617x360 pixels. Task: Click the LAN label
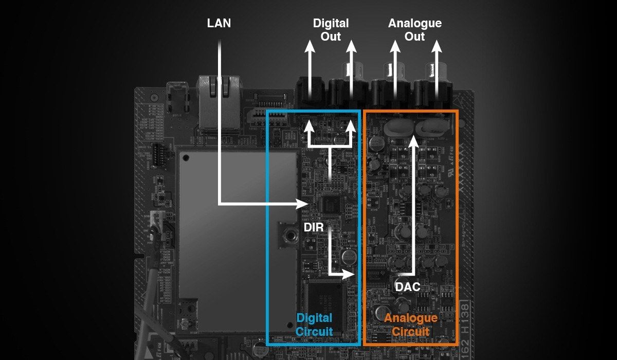[219, 23]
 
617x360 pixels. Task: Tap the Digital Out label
[331, 30]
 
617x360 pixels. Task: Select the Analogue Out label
[415, 30]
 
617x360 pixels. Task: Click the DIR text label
[314, 227]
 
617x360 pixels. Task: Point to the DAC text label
[408, 287]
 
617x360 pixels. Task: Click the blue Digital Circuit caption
[314, 325]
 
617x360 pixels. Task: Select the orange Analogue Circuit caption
[411, 325]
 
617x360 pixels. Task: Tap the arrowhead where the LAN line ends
[302, 204]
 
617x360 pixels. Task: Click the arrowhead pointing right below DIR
[348, 274]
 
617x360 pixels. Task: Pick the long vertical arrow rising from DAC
[413, 206]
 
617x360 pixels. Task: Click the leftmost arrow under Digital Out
[310, 70]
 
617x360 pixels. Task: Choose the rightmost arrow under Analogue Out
[437, 70]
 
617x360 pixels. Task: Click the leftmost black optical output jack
[311, 92]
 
